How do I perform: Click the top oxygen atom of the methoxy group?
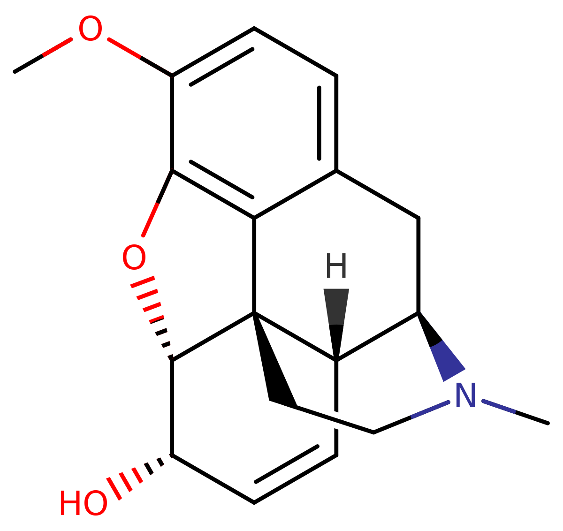[90, 29]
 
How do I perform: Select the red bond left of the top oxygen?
[57, 47]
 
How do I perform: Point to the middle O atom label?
[133, 258]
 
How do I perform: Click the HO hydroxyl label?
[83, 503]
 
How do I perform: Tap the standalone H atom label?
[336, 265]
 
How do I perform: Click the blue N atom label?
[465, 395]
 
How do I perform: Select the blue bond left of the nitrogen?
[430, 410]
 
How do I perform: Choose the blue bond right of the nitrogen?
[499, 406]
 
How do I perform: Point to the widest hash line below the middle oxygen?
[143, 282]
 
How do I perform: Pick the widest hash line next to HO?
[114, 488]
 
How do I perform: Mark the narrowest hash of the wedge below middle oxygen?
[170, 357]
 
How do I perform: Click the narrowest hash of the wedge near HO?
[171, 455]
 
